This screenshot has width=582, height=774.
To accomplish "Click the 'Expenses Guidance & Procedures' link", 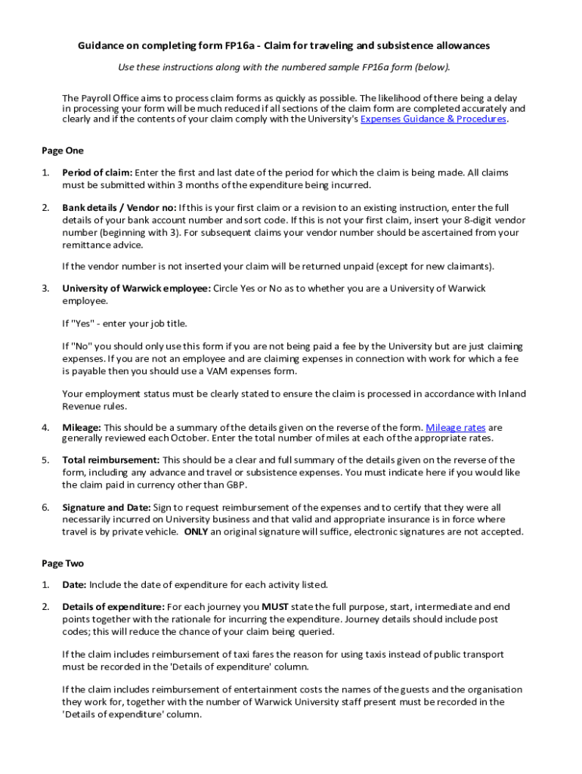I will click(x=433, y=119).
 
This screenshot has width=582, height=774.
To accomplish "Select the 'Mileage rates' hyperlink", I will click(x=455, y=428).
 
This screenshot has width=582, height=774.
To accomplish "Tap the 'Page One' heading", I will click(x=63, y=150).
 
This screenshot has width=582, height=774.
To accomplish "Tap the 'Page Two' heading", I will click(x=63, y=564).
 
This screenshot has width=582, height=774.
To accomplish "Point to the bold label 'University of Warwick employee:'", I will click(x=137, y=289).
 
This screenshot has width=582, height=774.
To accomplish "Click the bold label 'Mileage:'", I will click(x=82, y=428).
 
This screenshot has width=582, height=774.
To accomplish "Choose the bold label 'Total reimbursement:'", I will click(x=111, y=460).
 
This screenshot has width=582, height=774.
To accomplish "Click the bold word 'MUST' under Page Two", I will click(x=274, y=607).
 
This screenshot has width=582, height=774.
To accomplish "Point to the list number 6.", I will click(x=45, y=508).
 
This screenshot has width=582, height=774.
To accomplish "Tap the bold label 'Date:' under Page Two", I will click(x=75, y=585).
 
